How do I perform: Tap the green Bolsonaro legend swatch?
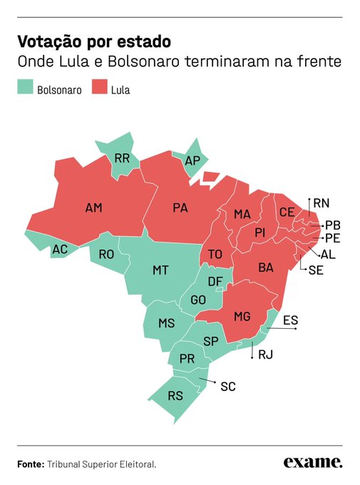[x=25, y=89]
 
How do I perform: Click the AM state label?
[x=93, y=208]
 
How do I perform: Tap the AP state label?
[x=192, y=160]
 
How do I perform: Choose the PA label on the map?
[x=180, y=208]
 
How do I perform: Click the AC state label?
[x=59, y=250]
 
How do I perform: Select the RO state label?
[x=106, y=254]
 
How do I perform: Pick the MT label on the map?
[x=160, y=270]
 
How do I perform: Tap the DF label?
[x=215, y=282]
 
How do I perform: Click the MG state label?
[x=242, y=316]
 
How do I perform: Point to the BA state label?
[x=265, y=267]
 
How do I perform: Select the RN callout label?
[x=322, y=203]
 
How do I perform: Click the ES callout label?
[x=290, y=320]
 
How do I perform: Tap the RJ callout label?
[x=265, y=354]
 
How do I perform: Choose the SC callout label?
[x=227, y=387]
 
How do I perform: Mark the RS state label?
[x=175, y=396]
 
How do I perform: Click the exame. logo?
[x=312, y=463]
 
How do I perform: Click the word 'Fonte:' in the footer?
[x=31, y=464]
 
